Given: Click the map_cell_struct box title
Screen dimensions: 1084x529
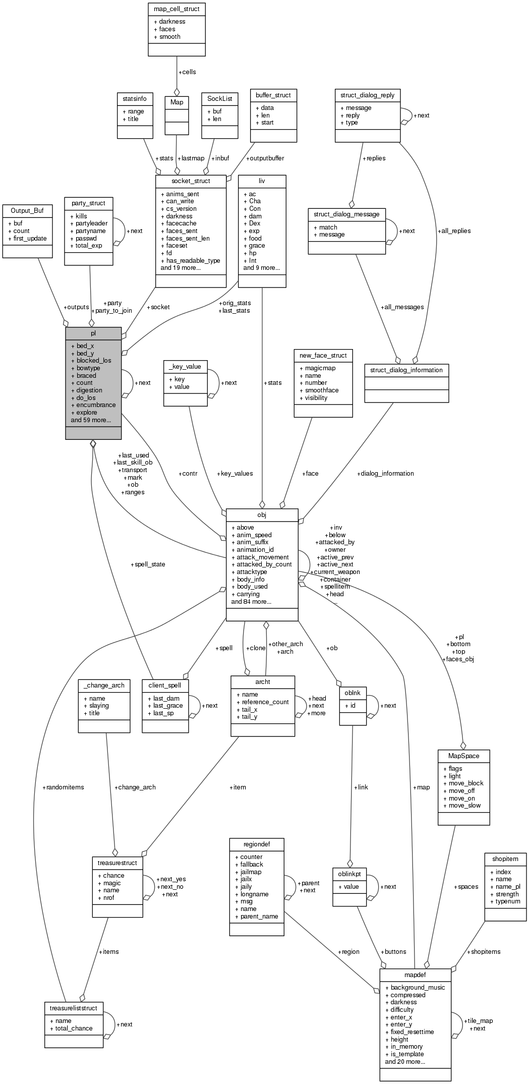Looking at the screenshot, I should (x=177, y=9).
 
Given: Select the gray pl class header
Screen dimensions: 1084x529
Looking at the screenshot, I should (x=93, y=333).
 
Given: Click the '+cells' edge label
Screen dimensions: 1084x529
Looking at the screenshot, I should (x=187, y=72).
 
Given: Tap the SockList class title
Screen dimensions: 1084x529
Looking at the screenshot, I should (x=219, y=98).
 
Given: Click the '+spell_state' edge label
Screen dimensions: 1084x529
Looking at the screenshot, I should (x=148, y=564).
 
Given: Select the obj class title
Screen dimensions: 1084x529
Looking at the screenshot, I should (x=262, y=515).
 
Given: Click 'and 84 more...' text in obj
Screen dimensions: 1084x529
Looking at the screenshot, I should (x=251, y=601).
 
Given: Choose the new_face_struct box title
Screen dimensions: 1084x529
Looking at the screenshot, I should (x=323, y=355).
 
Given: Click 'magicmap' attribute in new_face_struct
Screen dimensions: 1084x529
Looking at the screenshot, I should (x=320, y=368).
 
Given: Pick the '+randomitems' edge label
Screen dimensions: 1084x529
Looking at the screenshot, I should (x=64, y=787).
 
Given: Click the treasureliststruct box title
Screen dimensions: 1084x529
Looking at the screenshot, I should (x=74, y=1008).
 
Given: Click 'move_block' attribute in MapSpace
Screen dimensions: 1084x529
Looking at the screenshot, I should (x=465, y=783).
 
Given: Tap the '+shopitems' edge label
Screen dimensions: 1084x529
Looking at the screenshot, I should (x=484, y=951).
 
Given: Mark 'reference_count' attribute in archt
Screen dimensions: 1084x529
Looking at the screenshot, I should (x=265, y=702).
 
